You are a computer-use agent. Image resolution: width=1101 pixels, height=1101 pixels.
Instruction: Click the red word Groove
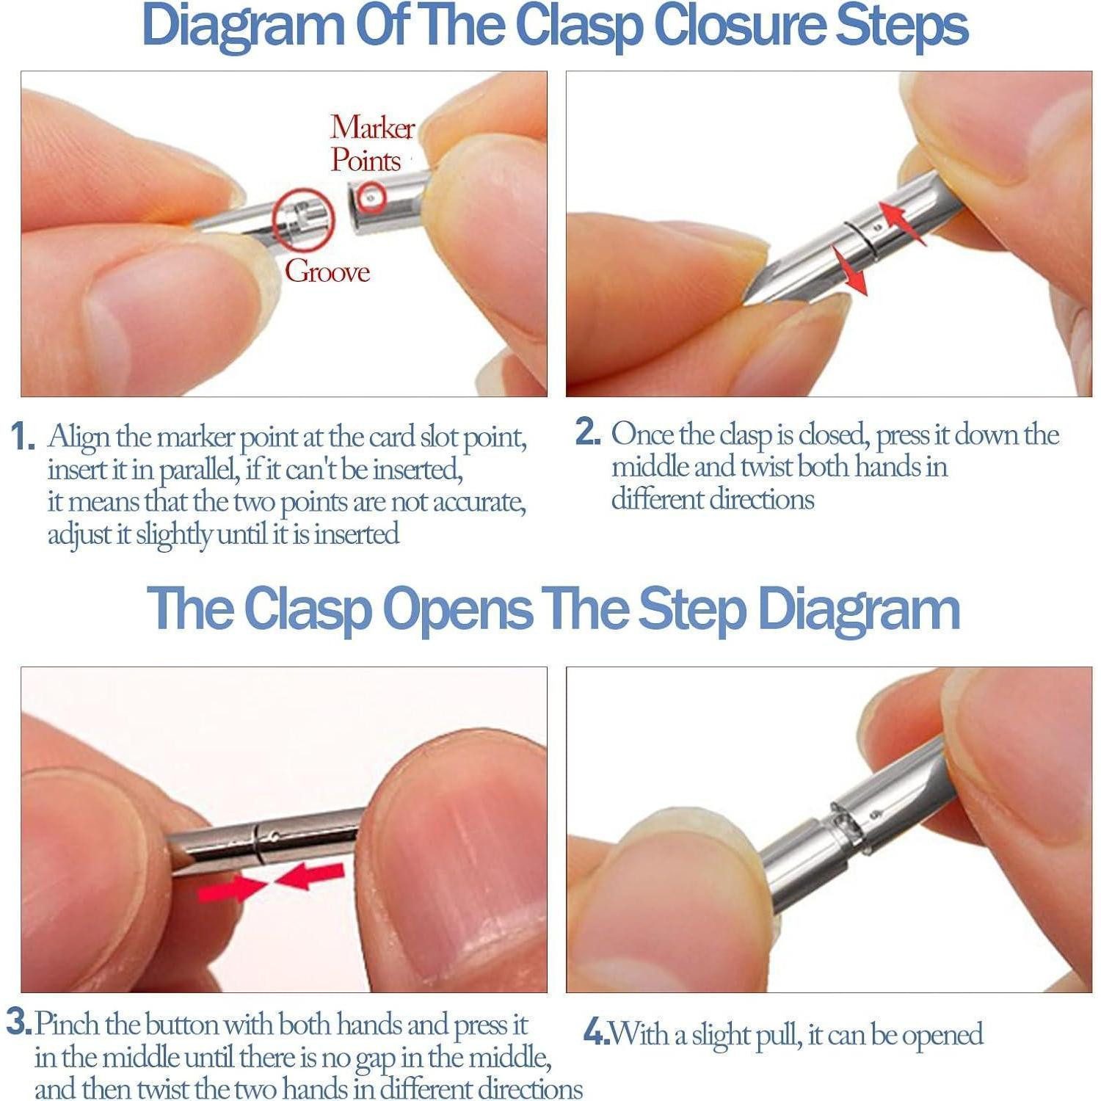[327, 272]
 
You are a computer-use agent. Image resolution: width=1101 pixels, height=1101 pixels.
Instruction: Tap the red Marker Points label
[372, 144]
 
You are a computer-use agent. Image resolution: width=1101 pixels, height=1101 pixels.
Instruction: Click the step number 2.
[588, 432]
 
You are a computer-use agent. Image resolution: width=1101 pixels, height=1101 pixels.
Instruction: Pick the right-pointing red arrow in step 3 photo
[234, 889]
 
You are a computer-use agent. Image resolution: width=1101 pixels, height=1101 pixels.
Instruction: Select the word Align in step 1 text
[79, 438]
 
